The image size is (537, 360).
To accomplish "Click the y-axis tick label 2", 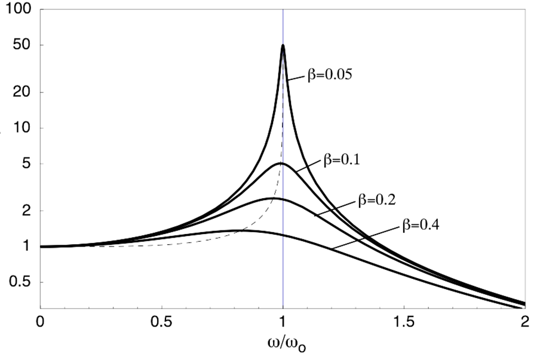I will click(24, 211).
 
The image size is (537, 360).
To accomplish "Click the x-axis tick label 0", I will click(40, 322).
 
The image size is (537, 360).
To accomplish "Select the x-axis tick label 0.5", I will click(161, 322).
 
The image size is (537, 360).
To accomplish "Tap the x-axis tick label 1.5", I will click(404, 322).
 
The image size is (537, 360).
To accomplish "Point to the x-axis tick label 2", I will click(525, 322).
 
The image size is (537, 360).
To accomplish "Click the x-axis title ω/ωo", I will click(283, 344).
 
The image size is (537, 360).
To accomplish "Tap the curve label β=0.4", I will click(418, 227).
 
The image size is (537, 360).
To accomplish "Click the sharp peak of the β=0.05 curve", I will click(283, 45).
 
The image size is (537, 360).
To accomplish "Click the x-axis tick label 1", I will click(283, 322).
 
